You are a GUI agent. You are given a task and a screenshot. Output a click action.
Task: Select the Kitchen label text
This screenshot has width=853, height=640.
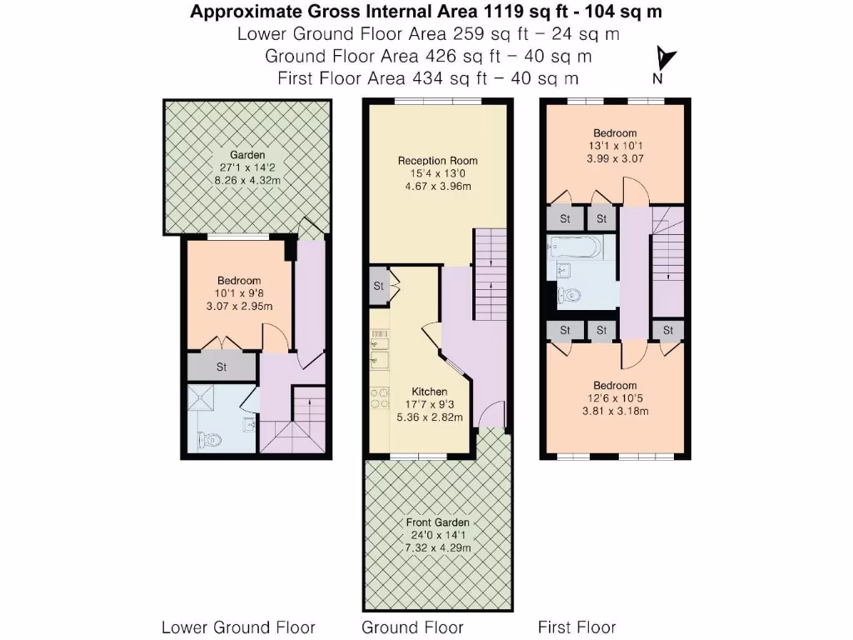[x=430, y=392]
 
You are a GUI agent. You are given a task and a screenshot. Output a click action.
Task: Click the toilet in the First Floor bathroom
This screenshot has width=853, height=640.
[x=571, y=295]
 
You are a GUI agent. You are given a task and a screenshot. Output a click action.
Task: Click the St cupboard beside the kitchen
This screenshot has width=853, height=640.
[x=378, y=287]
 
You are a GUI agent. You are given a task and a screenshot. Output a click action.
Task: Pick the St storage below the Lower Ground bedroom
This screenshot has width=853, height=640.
[x=222, y=367]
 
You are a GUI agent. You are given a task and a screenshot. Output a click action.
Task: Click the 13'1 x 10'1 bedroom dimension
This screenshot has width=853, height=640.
[x=615, y=146]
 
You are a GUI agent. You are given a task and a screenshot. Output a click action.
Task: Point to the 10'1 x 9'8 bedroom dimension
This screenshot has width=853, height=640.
[x=239, y=293]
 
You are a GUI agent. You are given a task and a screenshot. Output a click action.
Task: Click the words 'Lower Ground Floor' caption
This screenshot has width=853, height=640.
[x=238, y=627]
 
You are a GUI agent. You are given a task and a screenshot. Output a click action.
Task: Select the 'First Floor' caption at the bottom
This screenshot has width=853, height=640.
[x=576, y=627]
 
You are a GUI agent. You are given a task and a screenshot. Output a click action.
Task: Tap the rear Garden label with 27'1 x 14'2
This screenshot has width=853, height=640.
[x=247, y=155]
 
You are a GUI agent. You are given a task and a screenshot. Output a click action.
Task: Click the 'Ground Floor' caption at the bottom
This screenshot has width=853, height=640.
[x=412, y=627]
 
